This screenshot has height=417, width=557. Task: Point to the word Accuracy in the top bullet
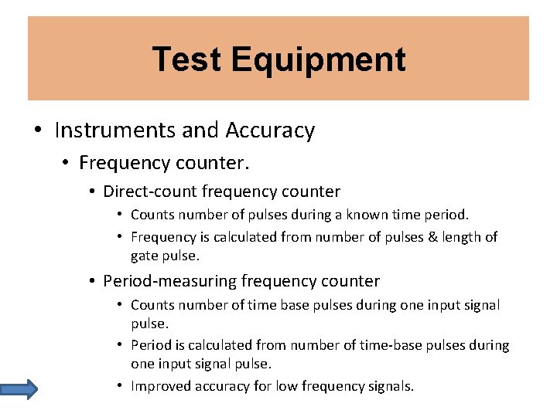click(270, 131)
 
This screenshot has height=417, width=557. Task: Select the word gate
click(145, 256)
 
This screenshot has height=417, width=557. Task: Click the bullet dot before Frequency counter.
click(67, 163)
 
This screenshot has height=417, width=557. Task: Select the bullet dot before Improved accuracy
click(121, 385)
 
